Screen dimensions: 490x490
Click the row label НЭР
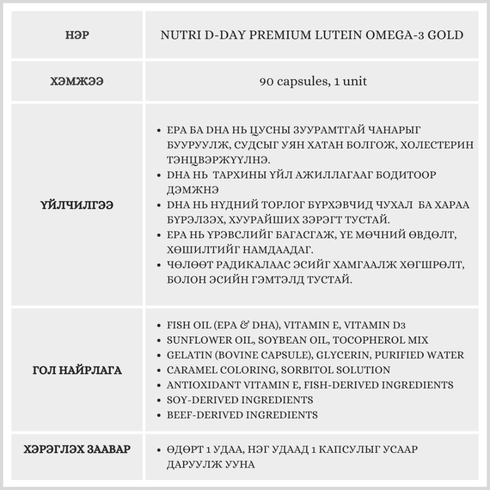(76, 35)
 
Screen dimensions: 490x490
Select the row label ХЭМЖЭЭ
(76, 81)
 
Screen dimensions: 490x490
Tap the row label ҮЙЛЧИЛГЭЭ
(76, 205)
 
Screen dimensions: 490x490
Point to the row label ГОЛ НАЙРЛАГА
(76, 370)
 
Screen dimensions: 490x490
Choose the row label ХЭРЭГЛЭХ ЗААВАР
(76, 449)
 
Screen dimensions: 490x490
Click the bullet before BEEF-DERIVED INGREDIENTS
(158, 415)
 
